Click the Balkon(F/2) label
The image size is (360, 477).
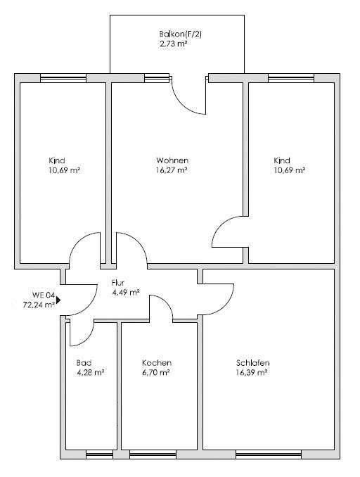180,34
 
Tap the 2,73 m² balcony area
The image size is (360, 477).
173,44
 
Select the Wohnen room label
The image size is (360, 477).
172,160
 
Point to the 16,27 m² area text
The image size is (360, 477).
171,170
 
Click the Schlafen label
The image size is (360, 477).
252,362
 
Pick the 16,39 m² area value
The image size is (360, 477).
252,372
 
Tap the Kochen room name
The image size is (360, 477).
157,362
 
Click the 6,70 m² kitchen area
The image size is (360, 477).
155,372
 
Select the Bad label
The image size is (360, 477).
84,362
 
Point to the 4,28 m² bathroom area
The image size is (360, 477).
90,372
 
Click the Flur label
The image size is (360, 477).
118,283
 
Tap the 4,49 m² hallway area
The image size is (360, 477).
126,293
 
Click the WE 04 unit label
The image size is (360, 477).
44,295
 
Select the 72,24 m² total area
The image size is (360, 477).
39,305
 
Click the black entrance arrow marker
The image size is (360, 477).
58,300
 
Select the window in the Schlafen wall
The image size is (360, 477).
269,454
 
